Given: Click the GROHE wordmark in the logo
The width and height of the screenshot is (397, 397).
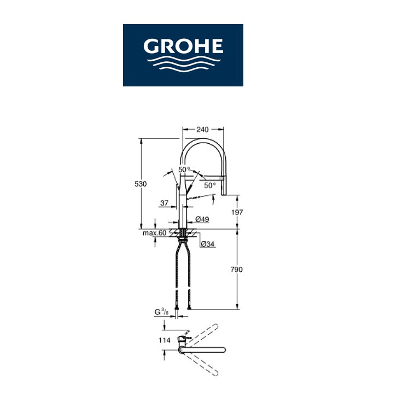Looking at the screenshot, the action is coord(183,46).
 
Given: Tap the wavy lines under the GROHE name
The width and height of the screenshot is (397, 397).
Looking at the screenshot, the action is coord(184,65).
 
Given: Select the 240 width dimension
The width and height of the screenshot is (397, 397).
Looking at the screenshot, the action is coord(202,130).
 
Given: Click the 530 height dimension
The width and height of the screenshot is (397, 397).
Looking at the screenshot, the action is coord(141,184).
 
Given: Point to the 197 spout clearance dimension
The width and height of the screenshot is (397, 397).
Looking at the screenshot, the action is coord(237,212).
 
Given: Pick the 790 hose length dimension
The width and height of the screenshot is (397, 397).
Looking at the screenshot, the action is coord(236,270).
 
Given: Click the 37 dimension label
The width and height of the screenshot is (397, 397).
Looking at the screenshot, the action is coord(164,203).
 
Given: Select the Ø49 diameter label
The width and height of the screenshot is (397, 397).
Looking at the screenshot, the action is coord(202,219).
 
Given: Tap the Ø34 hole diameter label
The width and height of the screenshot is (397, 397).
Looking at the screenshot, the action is coord(208,244).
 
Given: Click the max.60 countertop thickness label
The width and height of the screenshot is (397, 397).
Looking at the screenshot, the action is coord(154,233).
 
